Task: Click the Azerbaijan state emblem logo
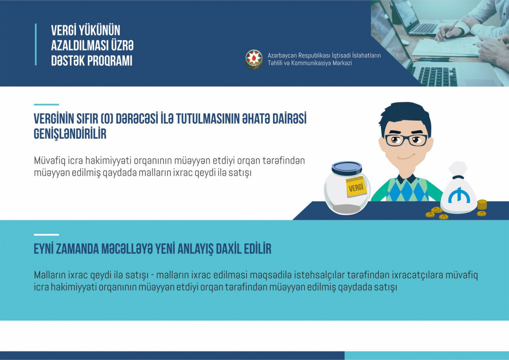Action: [x=254, y=59]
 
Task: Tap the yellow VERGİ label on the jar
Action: [x=356, y=187]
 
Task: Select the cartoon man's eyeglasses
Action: [x=406, y=140]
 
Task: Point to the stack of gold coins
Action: [x=481, y=205]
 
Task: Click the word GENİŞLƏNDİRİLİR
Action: [x=70, y=134]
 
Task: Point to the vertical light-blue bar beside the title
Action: [x=36, y=45]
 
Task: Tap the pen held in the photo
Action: [x=448, y=31]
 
